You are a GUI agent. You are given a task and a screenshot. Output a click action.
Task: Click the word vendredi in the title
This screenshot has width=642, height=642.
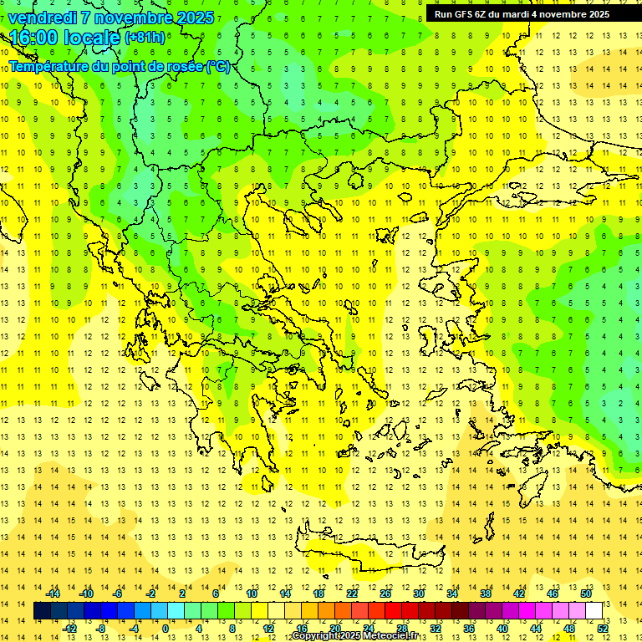coord(42,18)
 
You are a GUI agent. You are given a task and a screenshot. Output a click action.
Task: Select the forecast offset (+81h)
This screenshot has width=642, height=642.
coord(145,38)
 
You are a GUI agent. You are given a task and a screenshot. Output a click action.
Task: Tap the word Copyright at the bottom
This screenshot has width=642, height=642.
coord(317,636)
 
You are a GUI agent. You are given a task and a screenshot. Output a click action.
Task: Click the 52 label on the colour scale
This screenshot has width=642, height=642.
coord(604,629)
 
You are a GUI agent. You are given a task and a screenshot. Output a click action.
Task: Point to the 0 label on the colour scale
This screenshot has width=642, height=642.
coord(165,629)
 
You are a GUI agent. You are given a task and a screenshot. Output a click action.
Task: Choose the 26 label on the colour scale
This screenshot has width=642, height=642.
coord(385,594)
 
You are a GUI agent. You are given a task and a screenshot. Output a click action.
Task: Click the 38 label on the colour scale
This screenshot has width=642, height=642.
coord(486,594)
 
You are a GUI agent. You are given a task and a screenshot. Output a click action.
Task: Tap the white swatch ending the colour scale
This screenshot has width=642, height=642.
coord(594,611)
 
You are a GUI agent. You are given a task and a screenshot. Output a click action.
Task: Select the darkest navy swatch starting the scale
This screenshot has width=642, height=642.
coord(43,611)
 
